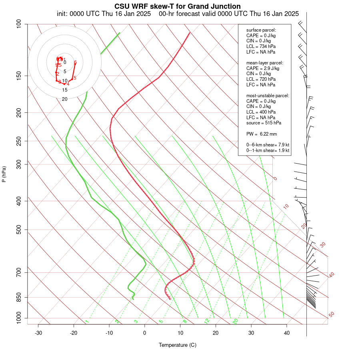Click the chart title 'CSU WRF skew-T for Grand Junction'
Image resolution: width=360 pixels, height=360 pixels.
178,6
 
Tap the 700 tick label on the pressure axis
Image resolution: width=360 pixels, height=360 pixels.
19,273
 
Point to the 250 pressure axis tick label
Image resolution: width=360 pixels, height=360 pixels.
19,141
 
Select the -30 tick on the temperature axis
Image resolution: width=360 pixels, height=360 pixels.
38,333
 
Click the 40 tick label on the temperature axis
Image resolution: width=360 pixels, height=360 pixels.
286,333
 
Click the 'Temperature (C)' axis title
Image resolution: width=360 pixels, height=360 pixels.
178,345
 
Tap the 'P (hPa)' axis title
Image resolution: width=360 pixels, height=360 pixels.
4,174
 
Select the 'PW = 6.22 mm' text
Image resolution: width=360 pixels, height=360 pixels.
262,134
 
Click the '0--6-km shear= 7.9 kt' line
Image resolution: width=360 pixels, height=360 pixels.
268,144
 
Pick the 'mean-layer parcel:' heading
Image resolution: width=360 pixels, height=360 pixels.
265,63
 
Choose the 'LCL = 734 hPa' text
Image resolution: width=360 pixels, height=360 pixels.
260,46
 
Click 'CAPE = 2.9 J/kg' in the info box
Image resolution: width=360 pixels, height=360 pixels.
263,68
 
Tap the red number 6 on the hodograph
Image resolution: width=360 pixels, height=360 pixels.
75,62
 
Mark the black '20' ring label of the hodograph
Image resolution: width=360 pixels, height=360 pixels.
64,99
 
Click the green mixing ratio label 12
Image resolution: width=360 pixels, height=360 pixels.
207,321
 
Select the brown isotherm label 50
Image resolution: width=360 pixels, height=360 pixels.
331,315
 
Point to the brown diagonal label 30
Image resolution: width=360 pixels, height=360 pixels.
323,244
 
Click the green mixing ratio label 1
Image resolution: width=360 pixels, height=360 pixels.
87,321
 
